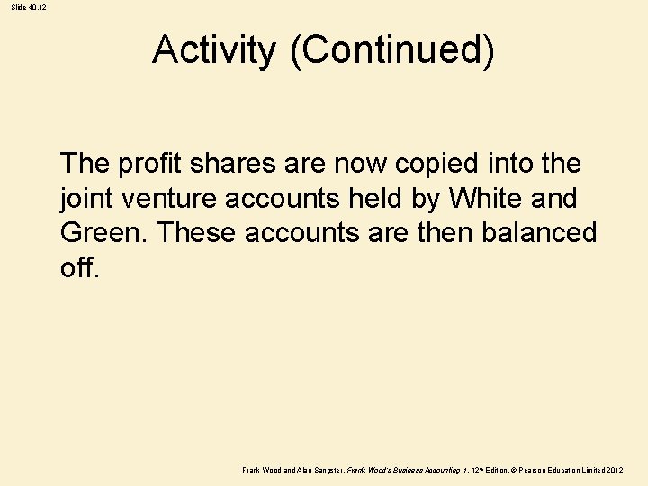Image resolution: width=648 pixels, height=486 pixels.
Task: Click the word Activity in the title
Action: (214, 50)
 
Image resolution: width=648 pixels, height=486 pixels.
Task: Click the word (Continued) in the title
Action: (391, 50)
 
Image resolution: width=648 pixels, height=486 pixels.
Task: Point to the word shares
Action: (228, 164)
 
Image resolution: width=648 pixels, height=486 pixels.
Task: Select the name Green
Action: (102, 234)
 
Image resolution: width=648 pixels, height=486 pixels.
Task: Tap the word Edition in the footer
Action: (490, 471)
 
